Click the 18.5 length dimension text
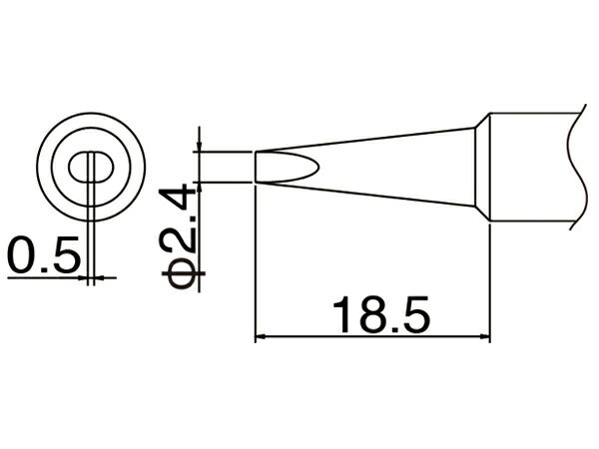click(x=381, y=315)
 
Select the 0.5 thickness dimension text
click(x=44, y=254)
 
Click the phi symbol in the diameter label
click(x=181, y=273)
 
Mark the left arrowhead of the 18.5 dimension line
click(x=261, y=337)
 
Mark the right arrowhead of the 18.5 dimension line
click(x=484, y=337)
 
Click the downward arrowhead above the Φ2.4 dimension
click(x=199, y=147)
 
